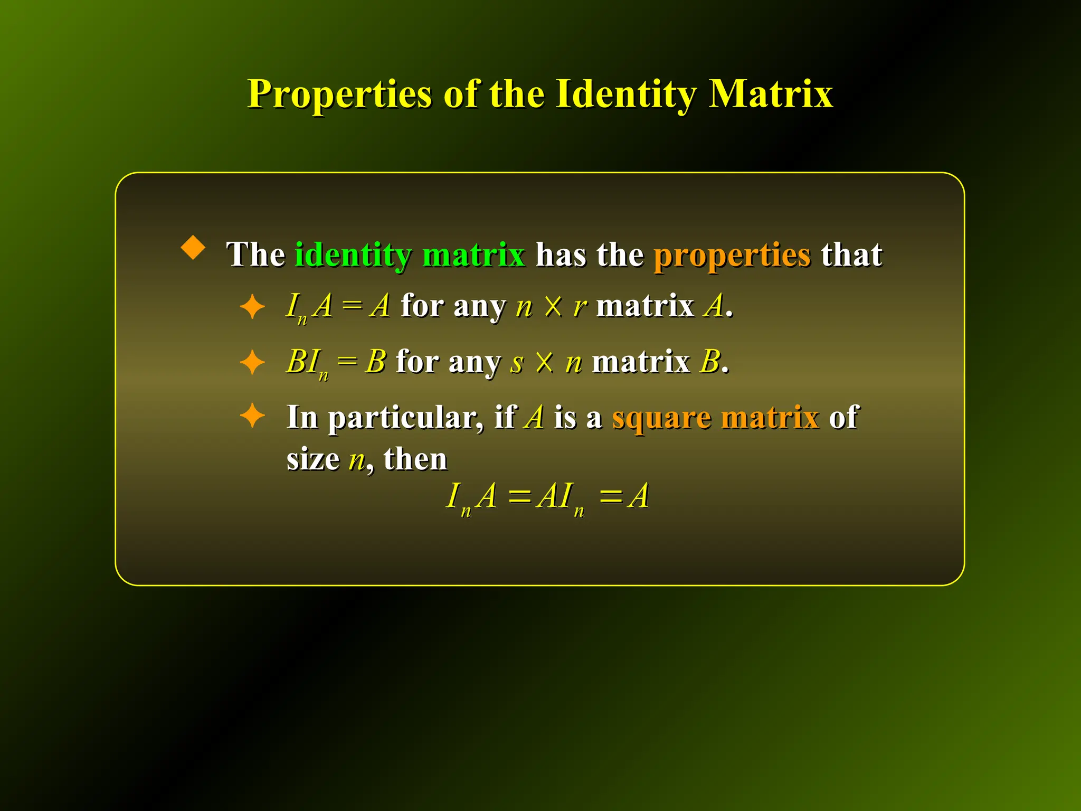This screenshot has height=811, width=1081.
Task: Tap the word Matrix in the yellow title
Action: [x=770, y=94]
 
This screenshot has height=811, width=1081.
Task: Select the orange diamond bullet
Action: [x=193, y=247]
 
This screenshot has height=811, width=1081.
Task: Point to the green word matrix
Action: [x=474, y=254]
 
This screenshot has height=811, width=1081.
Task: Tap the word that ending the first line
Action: [x=851, y=254]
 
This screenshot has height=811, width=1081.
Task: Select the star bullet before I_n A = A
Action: [x=252, y=306]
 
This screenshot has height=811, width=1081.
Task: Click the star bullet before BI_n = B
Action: [x=252, y=362]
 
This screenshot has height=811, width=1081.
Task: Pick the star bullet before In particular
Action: [x=252, y=416]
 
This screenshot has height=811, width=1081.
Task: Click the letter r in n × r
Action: [x=580, y=306]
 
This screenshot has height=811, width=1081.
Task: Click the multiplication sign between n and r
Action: [x=553, y=306]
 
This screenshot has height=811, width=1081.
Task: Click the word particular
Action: [x=405, y=418]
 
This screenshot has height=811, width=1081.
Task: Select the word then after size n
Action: [x=415, y=458]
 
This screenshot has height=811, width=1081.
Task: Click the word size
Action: [x=313, y=458]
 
